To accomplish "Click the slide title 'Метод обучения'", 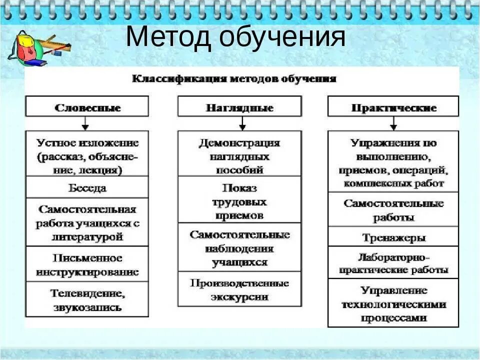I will coord(235,37).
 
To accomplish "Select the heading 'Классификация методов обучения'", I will coord(233,78).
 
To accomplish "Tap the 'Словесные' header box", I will coord(87,107).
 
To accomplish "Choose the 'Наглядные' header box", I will coord(239,107).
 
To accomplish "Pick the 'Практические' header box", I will coord(393,107).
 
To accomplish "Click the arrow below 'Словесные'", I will coord(85,123).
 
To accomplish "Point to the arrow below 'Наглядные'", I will coord(242,123).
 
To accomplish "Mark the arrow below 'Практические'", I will coord(393,123).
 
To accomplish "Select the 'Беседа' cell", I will coord(87,188).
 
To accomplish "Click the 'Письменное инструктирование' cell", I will coord(87,265).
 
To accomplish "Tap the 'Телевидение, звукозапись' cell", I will coord(87,299).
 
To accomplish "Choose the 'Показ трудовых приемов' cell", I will coord(239,201).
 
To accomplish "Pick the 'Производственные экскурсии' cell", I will coord(239,289).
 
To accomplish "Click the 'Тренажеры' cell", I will coord(393,237).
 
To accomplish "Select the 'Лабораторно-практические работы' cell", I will coord(393,263).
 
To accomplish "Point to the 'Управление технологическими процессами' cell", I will coord(393,303).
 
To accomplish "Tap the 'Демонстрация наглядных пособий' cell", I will coord(239,155).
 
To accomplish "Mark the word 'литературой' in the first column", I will coord(87,236).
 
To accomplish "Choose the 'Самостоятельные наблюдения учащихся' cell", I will coord(239,248).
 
